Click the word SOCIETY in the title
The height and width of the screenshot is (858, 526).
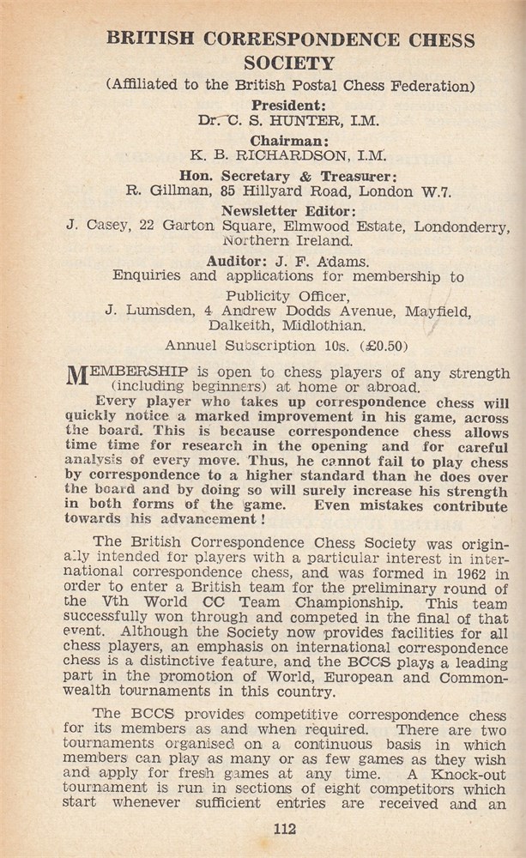click(x=289, y=63)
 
